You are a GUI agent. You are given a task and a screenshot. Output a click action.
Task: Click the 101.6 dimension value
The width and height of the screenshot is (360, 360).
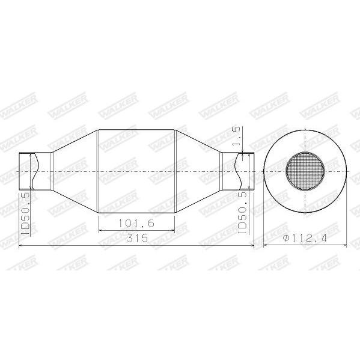[136, 223]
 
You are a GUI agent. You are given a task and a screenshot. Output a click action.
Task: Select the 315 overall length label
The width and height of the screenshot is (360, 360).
[137, 238]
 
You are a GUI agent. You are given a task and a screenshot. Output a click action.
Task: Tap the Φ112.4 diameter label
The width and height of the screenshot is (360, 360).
[305, 238]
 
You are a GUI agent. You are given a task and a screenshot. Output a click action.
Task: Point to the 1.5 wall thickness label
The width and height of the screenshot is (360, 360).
[236, 137]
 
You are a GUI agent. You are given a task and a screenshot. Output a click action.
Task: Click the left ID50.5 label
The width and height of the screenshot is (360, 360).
[25, 214]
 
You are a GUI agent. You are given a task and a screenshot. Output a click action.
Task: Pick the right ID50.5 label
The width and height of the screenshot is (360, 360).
[242, 213]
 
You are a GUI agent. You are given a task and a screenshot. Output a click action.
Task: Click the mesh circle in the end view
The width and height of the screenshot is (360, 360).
[305, 171]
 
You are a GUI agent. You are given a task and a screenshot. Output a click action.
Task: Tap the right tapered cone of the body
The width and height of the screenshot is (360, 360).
[198, 171]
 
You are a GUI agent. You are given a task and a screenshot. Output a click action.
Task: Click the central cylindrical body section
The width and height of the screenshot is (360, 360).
[136, 171]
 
